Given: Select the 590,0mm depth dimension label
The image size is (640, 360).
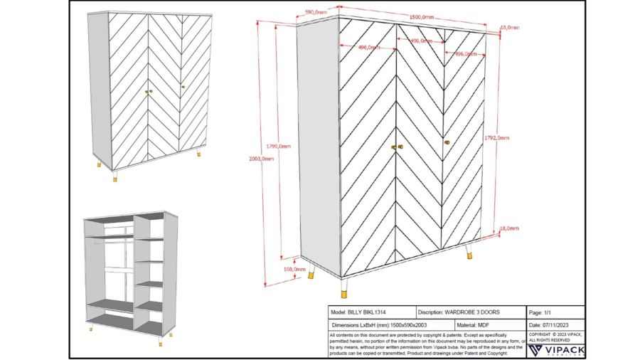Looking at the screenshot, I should pyautogui.click(x=316, y=13).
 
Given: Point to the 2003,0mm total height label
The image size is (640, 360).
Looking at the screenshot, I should pyautogui.click(x=263, y=159).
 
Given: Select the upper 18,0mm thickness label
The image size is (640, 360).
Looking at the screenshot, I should pyautogui.click(x=509, y=28).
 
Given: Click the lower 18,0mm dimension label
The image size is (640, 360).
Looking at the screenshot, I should pyautogui.click(x=508, y=228).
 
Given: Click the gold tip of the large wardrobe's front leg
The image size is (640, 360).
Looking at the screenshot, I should pyautogui.click(x=345, y=292).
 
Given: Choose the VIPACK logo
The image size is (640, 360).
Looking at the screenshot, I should pyautogui.click(x=556, y=350).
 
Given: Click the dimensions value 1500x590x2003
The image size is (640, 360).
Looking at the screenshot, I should pyautogui.click(x=406, y=324).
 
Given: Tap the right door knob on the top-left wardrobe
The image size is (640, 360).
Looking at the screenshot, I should pyautogui.click(x=183, y=88).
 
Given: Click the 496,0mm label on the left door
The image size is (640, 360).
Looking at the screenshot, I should pyautogui.click(x=368, y=48).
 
